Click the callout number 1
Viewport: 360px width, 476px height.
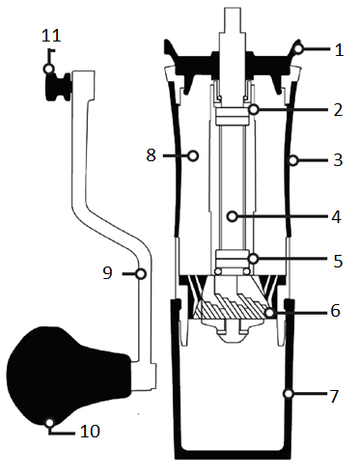339,50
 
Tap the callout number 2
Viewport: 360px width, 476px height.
338,110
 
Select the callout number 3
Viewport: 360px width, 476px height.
338,160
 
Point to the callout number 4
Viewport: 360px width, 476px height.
336,216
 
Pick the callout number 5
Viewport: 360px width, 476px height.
338,261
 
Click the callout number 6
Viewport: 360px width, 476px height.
336,311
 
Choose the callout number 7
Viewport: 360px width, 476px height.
334,396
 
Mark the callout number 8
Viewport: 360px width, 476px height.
152,154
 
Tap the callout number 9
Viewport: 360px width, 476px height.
107,273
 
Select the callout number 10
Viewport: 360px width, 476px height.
90,431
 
